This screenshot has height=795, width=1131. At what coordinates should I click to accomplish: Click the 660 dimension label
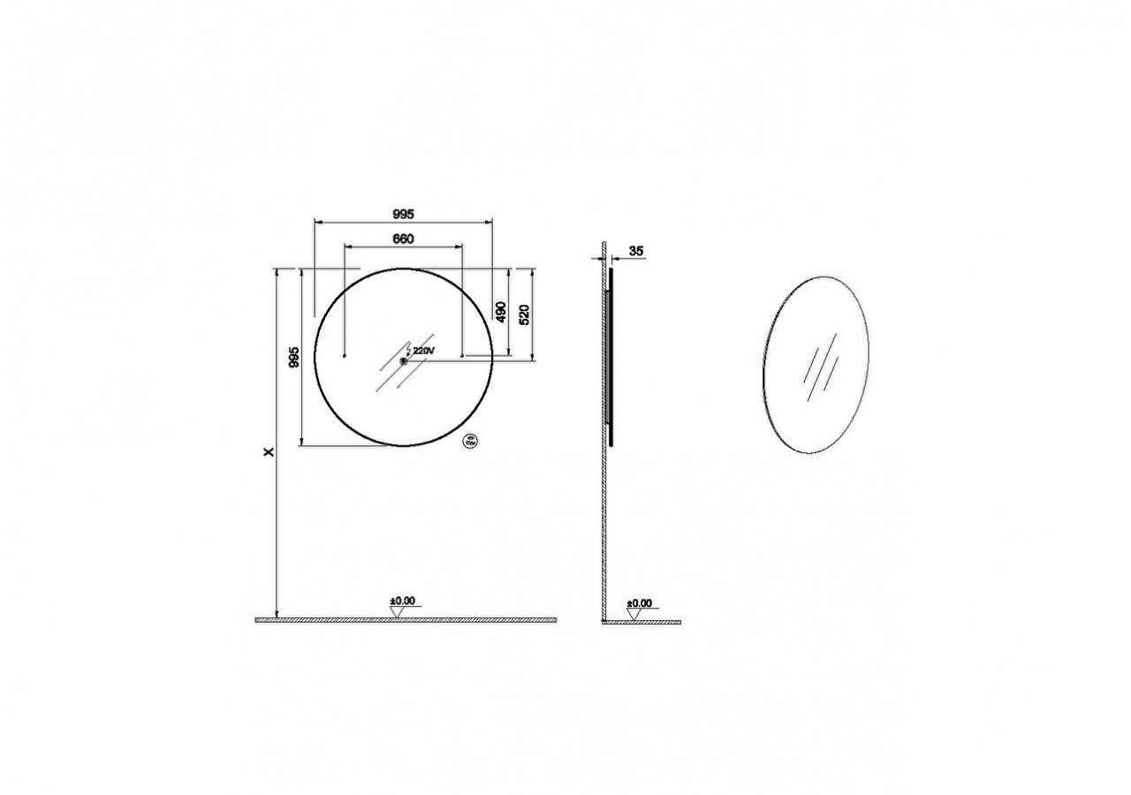pos(403,238)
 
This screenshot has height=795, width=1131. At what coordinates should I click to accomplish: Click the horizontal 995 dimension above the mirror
pos(404,214)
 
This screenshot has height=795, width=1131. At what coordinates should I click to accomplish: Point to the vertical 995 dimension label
pos(295,356)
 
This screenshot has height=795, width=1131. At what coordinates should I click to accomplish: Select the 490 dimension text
pos(499,312)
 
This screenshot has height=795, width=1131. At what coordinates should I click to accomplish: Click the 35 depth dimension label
pos(635,251)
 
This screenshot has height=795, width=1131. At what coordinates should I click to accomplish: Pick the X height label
pos(269,451)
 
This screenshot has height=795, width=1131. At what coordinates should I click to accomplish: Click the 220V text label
pos(424,351)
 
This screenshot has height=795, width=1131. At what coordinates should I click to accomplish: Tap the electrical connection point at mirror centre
pos(404,360)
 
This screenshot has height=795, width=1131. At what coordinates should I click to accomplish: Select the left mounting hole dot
pos(344,356)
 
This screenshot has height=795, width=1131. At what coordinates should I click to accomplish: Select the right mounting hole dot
pos(463,356)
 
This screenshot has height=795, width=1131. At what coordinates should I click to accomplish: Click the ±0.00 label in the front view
pos(403,602)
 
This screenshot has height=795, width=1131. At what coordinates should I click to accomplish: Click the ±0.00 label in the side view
pos(639,603)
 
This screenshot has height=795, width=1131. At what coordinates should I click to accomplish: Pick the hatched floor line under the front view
pos(406,620)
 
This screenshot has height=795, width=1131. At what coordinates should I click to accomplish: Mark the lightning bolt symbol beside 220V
pos(408,352)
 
